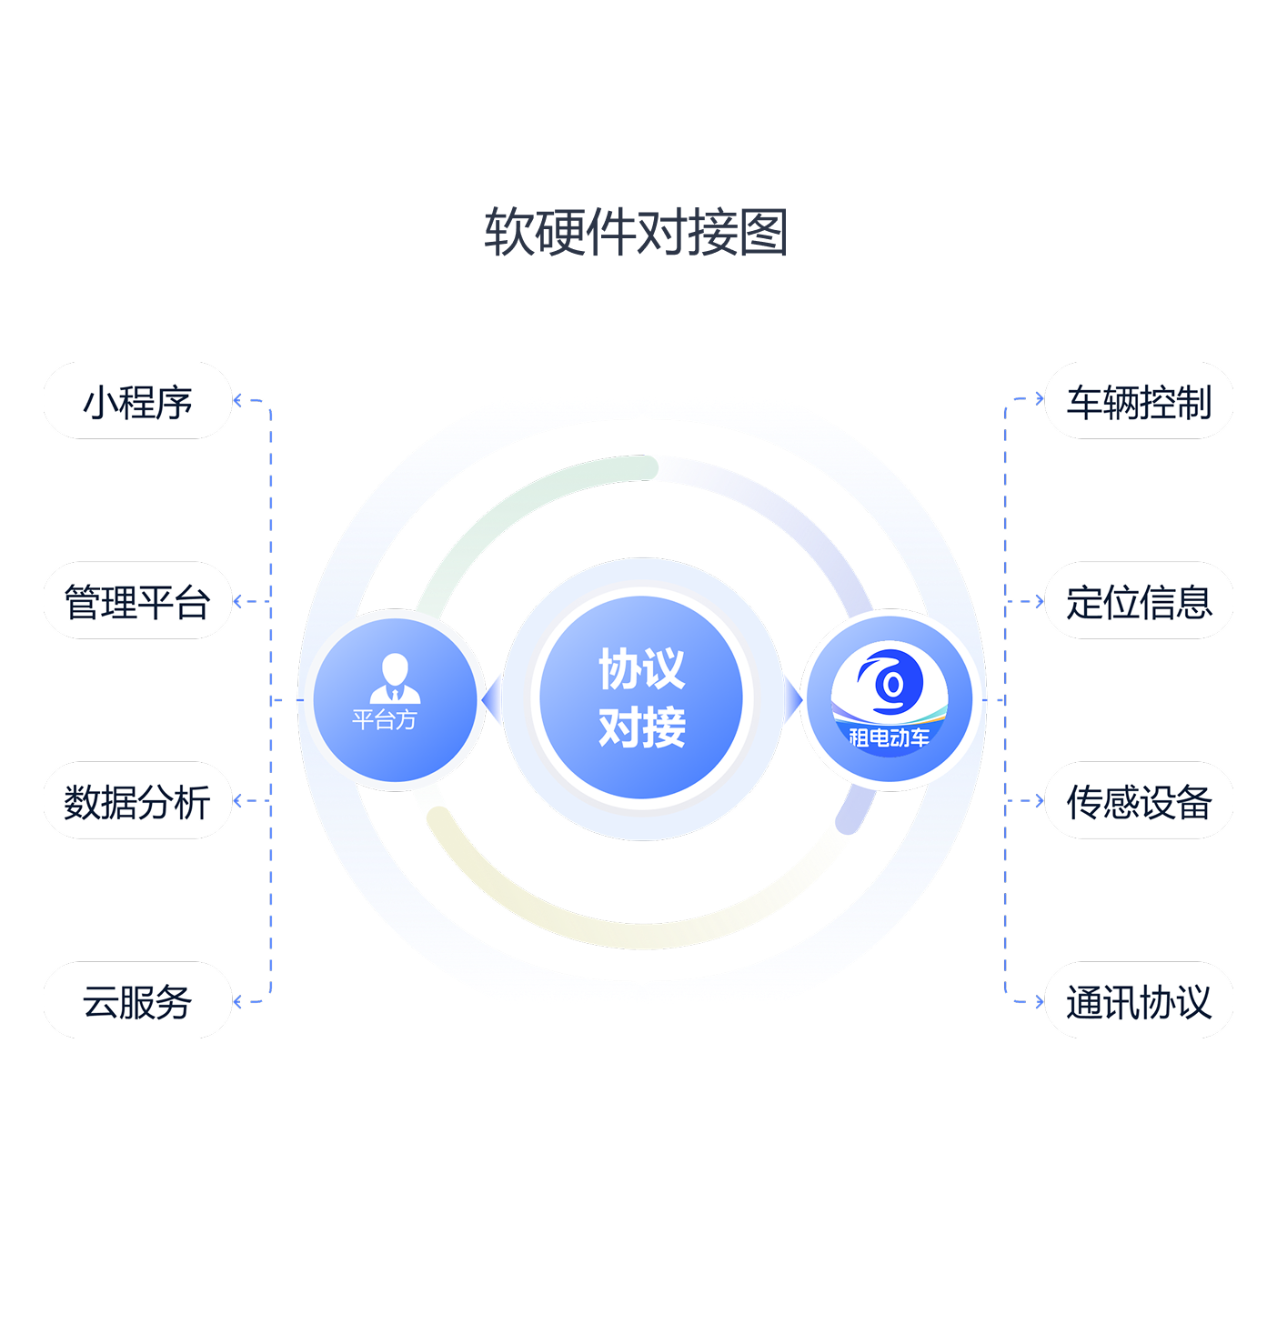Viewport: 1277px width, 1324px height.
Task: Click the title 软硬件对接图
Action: [635, 232]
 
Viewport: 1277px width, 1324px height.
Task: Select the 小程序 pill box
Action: [137, 401]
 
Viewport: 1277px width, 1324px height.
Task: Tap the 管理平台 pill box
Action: [137, 601]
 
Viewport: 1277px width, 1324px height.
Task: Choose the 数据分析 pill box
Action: [137, 801]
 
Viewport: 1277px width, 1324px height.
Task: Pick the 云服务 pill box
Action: [137, 1001]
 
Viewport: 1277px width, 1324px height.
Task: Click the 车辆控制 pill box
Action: [1139, 401]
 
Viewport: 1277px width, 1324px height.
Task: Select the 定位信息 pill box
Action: [1139, 601]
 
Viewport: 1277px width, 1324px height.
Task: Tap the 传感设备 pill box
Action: [1139, 801]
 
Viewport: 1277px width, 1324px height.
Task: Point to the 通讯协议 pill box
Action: [1139, 1001]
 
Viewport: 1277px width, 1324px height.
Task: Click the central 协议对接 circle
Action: [641, 698]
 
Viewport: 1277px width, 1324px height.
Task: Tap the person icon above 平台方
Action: [395, 677]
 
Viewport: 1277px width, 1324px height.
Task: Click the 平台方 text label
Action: [385, 720]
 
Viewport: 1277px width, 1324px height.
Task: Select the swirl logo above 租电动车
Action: [890, 682]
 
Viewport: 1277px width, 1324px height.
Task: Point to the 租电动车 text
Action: [889, 737]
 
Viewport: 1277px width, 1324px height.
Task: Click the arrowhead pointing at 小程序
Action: [238, 400]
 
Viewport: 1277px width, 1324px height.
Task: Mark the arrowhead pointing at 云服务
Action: [238, 1002]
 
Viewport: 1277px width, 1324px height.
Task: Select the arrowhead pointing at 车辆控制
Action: [1039, 398]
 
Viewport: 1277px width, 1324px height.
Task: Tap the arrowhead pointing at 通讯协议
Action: [1039, 1002]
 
